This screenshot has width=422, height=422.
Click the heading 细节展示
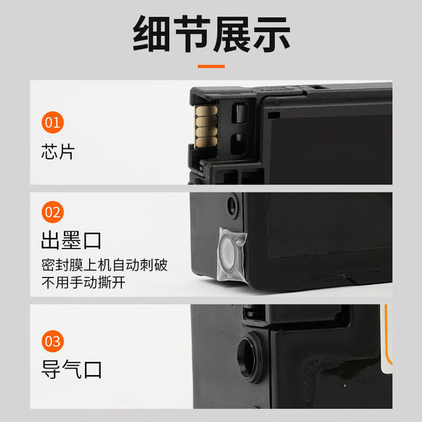click(x=211, y=34)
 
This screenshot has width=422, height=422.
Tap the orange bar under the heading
click(x=211, y=66)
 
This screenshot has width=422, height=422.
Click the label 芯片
click(x=58, y=152)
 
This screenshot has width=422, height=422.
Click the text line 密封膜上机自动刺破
click(x=104, y=265)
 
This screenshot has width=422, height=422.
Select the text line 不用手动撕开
click(x=83, y=283)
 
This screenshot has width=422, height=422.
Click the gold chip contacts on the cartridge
click(x=205, y=125)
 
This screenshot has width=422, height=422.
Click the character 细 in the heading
click(x=152, y=34)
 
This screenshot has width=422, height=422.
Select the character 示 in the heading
click(x=270, y=34)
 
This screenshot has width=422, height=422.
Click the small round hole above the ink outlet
click(x=232, y=205)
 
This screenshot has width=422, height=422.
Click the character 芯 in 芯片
click(x=49, y=152)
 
